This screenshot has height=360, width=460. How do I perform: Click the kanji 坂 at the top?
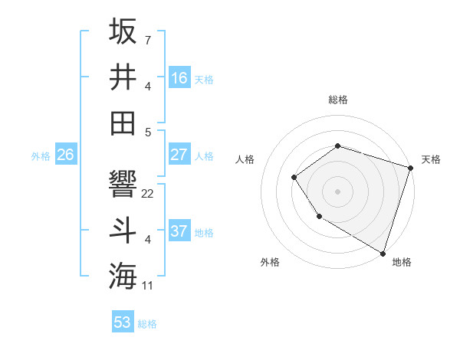coord(123,32)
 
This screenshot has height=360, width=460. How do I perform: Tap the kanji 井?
coord(123,77)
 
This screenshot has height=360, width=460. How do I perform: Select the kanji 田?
coord(123,123)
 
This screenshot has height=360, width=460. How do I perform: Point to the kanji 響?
coord(123,185)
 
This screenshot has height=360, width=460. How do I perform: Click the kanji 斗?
coord(123,231)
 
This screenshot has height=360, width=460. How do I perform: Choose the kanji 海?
coord(123,276)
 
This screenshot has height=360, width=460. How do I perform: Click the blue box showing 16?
coord(179,78)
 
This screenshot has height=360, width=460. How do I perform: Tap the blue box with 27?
coord(179,155)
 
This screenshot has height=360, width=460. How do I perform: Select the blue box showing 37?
coord(179,231)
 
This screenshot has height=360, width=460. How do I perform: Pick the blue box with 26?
coord(65,155)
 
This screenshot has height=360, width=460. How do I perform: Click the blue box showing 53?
coord(123,322)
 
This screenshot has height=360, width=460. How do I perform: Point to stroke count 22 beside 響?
coord(148,194)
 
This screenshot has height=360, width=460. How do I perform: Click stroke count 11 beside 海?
coord(148,286)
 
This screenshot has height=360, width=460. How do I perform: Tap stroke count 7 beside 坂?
coord(147,38)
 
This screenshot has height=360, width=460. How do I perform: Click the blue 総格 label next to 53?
coord(148,324)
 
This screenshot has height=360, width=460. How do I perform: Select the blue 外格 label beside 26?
coord(41,156)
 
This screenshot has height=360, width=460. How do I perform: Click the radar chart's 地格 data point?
coord(383,253)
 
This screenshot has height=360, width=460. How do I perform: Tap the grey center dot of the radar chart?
coord(337,191)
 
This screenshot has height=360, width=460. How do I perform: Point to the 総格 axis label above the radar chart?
coord(337,100)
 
